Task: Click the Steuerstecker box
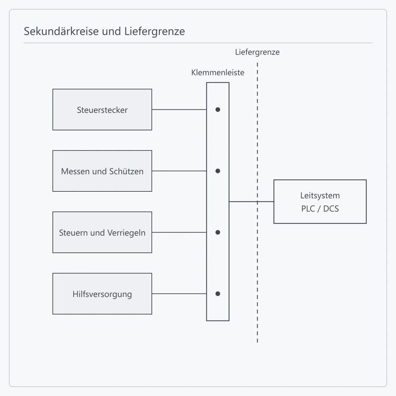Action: (x=102, y=110)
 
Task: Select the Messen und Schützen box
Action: (x=102, y=171)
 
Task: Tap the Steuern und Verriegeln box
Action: (x=102, y=232)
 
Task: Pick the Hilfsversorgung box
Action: (x=102, y=294)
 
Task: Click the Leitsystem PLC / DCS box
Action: (x=320, y=201)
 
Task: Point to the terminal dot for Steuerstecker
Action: (x=218, y=110)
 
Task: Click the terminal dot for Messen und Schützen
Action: (x=218, y=171)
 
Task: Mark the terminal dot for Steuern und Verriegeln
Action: (x=218, y=232)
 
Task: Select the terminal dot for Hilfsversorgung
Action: (x=218, y=294)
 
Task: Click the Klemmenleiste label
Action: (x=218, y=73)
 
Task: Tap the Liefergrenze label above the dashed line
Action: (x=257, y=52)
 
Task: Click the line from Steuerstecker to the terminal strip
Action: (x=179, y=110)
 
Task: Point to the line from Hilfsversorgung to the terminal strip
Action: (x=179, y=294)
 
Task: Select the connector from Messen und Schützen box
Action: (x=179, y=171)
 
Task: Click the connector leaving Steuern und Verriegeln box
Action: (x=179, y=232)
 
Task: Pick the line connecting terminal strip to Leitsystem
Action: (x=252, y=201)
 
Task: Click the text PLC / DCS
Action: (x=320, y=209)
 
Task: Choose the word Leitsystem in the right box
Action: (x=320, y=196)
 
